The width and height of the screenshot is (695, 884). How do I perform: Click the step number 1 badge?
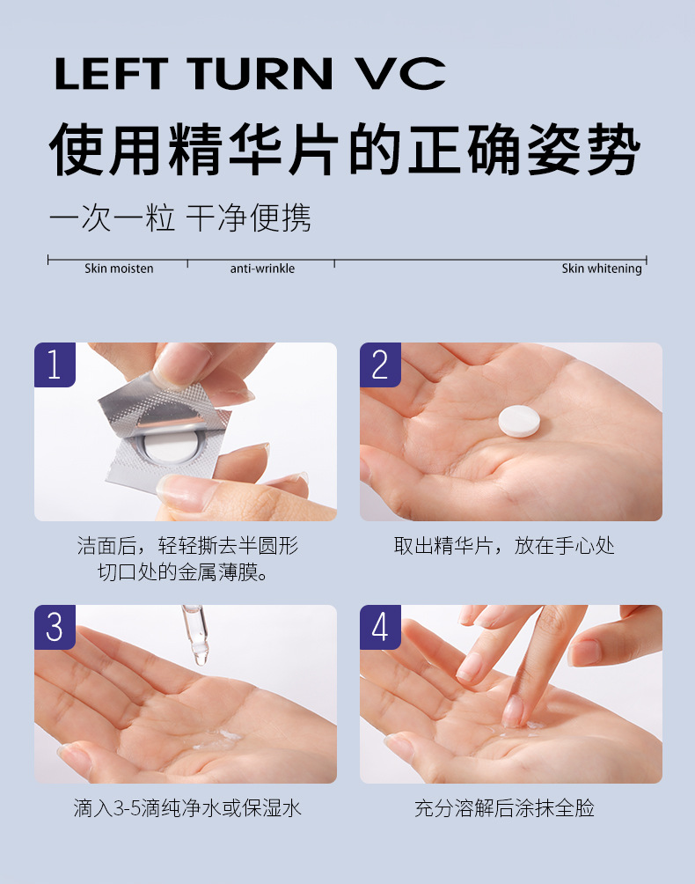pyautogui.click(x=55, y=365)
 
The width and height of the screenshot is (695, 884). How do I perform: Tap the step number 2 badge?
pyautogui.click(x=380, y=365)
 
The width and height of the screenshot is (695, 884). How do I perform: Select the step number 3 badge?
pyautogui.click(x=55, y=627)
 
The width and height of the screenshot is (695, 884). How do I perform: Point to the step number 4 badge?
pyautogui.click(x=380, y=627)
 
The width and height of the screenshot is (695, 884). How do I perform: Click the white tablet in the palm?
pyautogui.click(x=519, y=421)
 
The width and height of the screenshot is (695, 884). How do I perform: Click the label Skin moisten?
pyautogui.click(x=119, y=269)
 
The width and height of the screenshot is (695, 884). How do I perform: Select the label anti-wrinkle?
pyautogui.click(x=262, y=269)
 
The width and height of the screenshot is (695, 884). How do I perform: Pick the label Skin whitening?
pyautogui.click(x=602, y=269)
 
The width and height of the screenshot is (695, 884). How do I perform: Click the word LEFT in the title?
pyautogui.click(x=112, y=73)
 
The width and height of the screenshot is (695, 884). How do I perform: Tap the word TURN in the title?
pyautogui.click(x=260, y=73)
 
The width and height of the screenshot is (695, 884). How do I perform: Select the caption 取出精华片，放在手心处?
pyautogui.click(x=504, y=546)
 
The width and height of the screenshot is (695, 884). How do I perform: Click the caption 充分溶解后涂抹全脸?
pyautogui.click(x=504, y=808)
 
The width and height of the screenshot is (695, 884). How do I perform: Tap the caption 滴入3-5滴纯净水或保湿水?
pyautogui.click(x=187, y=808)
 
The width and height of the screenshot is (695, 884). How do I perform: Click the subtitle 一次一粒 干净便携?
pyautogui.click(x=180, y=218)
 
